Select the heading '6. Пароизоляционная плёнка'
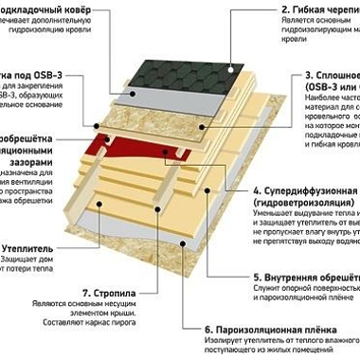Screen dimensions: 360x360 coord(276,331)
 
